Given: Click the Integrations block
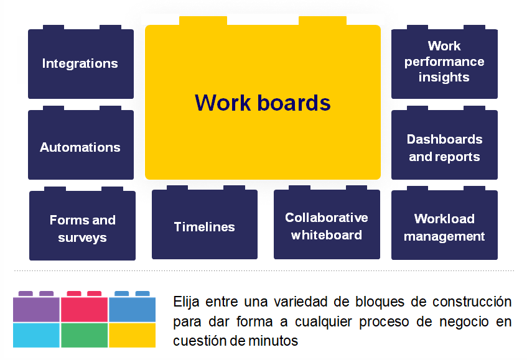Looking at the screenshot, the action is click(81, 63).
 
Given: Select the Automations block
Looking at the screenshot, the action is click(81, 144).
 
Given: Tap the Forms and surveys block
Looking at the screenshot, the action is click(82, 225).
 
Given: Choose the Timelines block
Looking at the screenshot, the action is click(205, 224).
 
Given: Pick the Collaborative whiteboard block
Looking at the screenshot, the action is click(327, 224).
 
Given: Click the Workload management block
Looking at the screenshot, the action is click(444, 224).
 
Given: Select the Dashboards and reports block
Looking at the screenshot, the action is click(444, 144).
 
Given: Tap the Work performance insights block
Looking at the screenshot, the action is click(444, 63).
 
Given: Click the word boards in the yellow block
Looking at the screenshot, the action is click(294, 103).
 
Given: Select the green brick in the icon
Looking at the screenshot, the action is click(85, 335).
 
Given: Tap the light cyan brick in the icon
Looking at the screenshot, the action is click(36, 335).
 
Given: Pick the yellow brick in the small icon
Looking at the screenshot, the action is click(132, 335).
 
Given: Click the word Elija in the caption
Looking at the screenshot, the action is click(186, 302).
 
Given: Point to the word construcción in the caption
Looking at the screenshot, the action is click(472, 302).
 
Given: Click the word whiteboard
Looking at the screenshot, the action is click(327, 235).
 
